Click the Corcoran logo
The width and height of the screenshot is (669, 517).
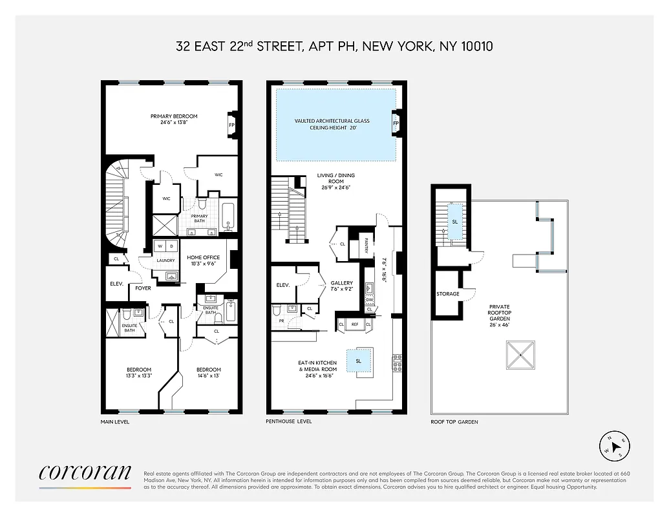[85, 475]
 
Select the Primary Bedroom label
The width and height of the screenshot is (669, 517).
[174, 116]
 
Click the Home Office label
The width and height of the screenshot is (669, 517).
[203, 257]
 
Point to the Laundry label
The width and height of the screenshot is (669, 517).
[165, 260]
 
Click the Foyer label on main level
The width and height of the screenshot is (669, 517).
[143, 288]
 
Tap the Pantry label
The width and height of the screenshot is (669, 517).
[366, 242]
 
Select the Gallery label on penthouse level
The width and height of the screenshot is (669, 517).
[342, 283]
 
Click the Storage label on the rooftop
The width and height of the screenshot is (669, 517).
[447, 294]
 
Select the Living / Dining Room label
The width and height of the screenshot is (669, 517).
[335, 175]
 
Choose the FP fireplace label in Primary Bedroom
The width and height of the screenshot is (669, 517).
[232, 124]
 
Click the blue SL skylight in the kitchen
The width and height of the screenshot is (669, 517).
[358, 361]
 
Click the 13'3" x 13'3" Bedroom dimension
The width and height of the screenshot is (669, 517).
[139, 375]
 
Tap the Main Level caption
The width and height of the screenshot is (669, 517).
[115, 421]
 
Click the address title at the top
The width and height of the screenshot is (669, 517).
[335, 46]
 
